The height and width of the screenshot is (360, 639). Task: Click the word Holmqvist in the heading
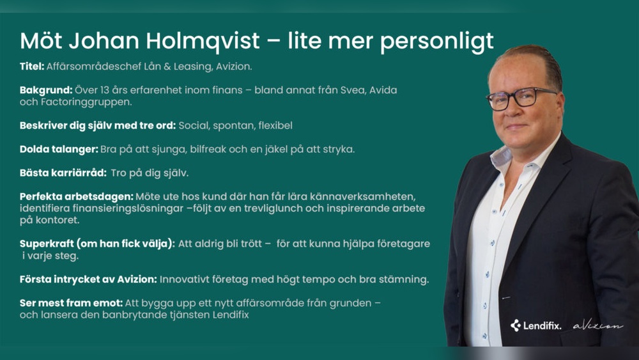coord(203,41)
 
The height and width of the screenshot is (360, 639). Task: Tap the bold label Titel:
coord(32,67)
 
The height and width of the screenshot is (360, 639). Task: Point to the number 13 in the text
coord(105,90)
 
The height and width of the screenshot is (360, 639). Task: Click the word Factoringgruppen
coord(86,102)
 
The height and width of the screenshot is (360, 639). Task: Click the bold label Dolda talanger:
coord(59,150)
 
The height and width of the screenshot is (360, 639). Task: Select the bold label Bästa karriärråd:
coord(63,173)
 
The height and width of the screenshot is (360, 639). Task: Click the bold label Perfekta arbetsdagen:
coord(77,197)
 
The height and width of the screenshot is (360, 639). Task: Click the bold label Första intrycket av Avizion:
coord(88,279)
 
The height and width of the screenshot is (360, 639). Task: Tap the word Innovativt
coord(183,279)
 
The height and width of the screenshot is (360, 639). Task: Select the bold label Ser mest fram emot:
coord(72,303)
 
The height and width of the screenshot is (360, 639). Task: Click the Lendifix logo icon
coord(516,325)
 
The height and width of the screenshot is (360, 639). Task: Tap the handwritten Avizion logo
coord(598,325)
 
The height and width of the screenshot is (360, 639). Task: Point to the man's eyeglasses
coord(520,98)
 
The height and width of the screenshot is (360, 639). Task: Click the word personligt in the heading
coord(437,42)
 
